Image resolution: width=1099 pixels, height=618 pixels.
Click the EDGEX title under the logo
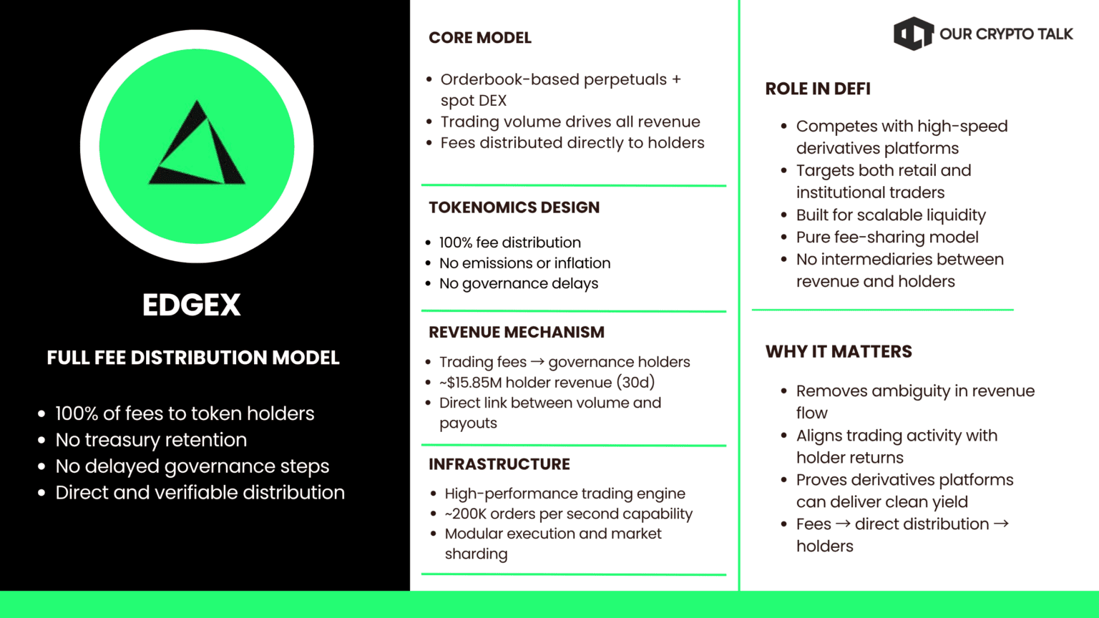[191, 305]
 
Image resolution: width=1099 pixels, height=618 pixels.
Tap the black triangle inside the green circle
[197, 146]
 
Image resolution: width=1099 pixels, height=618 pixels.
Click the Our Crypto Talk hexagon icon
[913, 34]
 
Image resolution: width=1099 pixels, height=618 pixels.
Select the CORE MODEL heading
[479, 38]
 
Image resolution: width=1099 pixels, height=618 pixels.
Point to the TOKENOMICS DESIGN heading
[514, 207]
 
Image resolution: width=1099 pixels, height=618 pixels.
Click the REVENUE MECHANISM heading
[516, 332]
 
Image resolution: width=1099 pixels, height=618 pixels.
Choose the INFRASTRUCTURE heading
[499, 464]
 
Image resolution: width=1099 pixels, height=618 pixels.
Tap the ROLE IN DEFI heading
[818, 89]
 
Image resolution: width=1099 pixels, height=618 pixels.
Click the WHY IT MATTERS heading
[839, 351]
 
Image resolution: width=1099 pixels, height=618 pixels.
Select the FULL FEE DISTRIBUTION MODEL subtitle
[193, 358]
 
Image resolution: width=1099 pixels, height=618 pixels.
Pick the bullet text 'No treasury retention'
[151, 440]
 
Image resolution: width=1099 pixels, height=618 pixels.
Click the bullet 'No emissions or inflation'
[524, 263]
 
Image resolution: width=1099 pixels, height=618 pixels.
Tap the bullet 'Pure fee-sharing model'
[887, 237]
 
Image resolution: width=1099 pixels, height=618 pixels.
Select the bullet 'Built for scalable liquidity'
[891, 215]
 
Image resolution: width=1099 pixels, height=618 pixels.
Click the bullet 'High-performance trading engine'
[565, 494]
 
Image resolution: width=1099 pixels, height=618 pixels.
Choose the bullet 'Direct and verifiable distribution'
[200, 493]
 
